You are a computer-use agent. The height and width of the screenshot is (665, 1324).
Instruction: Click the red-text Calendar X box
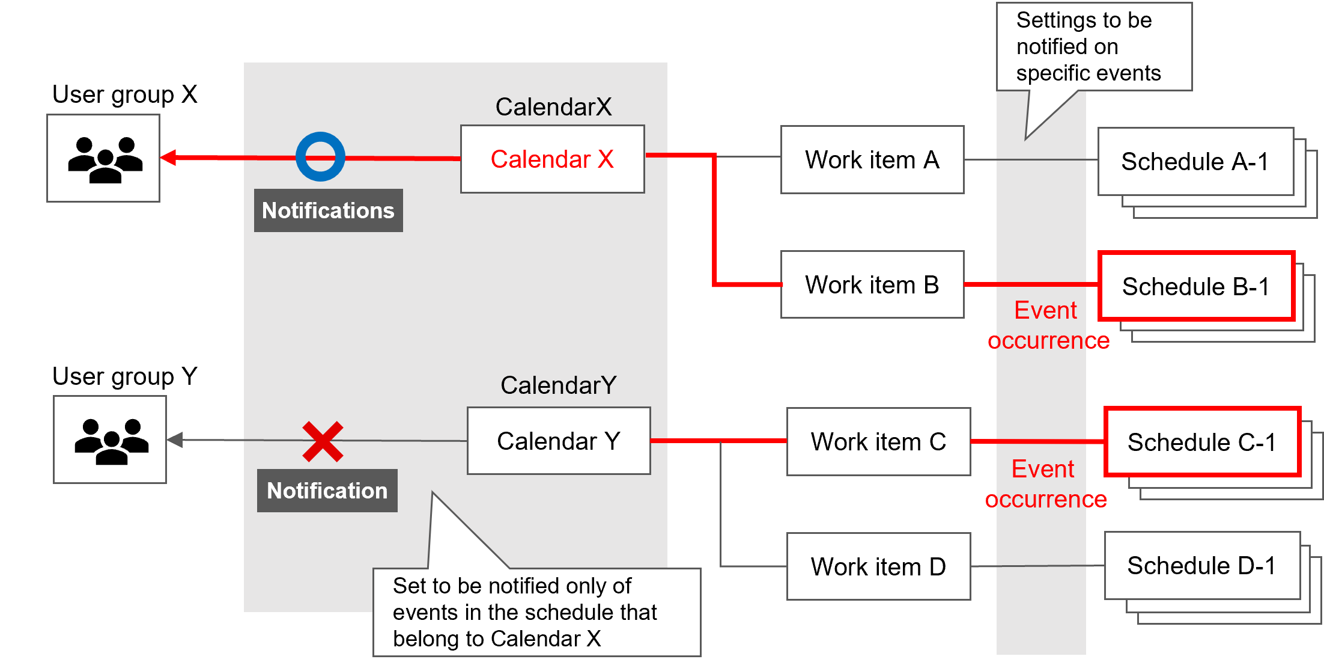[x=552, y=159]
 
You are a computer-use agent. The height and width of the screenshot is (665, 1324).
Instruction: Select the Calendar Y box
[x=559, y=441]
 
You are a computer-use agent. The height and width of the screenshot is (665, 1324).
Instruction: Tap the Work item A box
[x=872, y=160]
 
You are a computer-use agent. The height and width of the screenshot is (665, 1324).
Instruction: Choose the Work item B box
[x=872, y=284]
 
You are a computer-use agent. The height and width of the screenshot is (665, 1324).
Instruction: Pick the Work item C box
[x=878, y=442]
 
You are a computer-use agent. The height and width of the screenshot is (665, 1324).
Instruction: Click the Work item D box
[x=878, y=566]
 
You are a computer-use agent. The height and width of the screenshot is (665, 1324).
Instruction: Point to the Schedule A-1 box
[x=1195, y=162]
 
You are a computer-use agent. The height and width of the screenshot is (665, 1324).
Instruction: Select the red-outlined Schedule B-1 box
[x=1196, y=286]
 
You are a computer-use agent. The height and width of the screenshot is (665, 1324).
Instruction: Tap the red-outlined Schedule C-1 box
[x=1202, y=442]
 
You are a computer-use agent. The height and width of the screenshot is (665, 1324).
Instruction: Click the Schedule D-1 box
[x=1201, y=566]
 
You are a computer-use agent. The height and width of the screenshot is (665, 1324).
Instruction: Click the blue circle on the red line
[x=320, y=157]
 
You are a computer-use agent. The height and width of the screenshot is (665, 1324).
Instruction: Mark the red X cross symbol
[x=323, y=442]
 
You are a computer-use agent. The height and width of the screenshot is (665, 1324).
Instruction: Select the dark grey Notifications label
[x=328, y=210]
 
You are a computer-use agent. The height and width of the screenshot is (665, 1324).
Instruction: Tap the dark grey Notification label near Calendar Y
[x=327, y=491]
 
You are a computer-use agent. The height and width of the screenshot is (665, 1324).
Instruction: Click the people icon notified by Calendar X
[x=103, y=158]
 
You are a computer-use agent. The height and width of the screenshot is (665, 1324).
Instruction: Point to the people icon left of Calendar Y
[x=110, y=440]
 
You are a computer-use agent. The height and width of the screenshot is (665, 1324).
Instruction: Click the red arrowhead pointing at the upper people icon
[x=169, y=158]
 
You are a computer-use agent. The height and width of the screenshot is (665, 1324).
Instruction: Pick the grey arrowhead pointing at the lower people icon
[x=175, y=440]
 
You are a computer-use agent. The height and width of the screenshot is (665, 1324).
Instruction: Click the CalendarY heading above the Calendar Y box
[x=558, y=385]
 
